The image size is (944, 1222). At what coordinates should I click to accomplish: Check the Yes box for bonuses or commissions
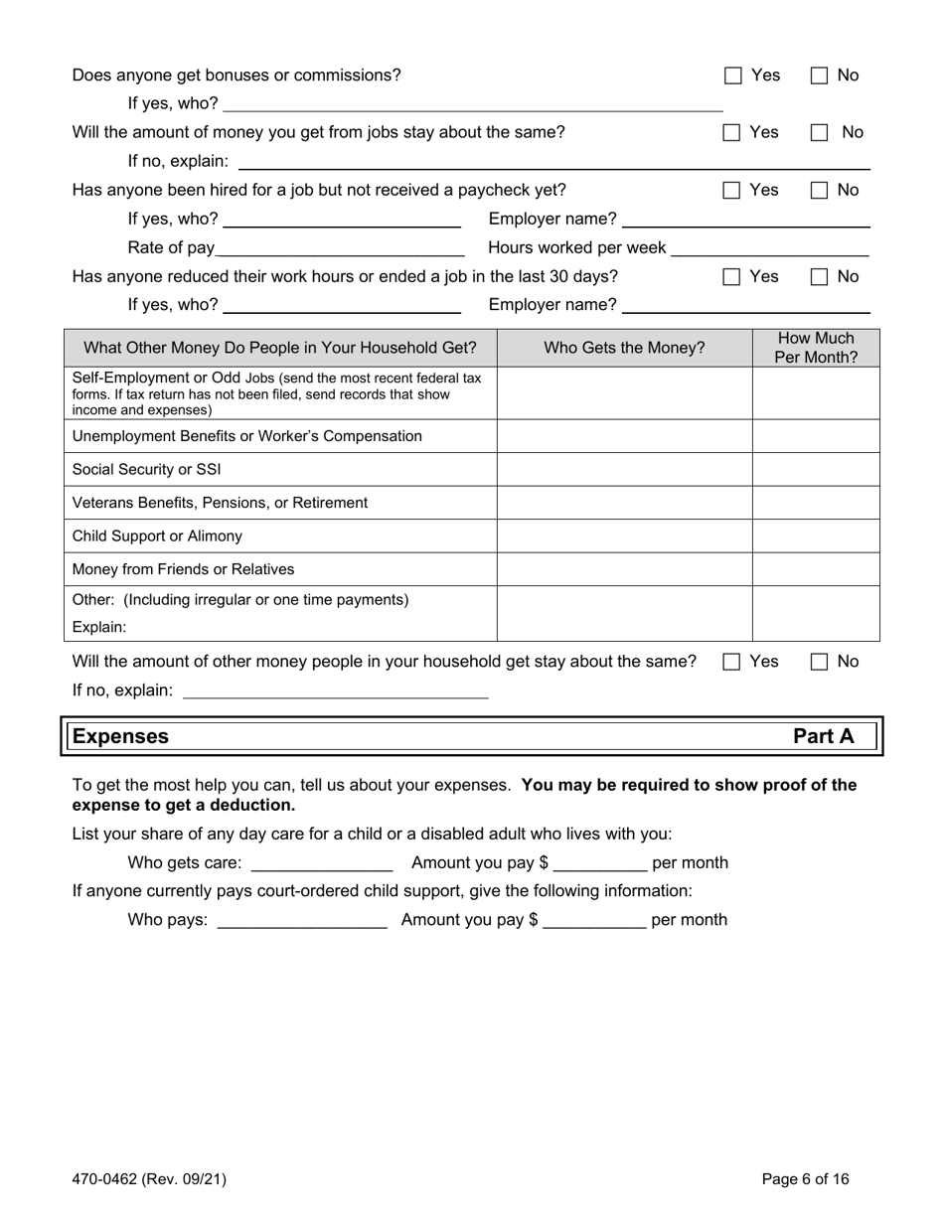pos(733,76)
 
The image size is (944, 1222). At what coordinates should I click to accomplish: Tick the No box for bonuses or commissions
pos(820,76)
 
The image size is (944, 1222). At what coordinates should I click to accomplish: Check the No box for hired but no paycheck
pos(820,190)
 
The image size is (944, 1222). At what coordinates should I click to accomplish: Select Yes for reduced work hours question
pos(733,276)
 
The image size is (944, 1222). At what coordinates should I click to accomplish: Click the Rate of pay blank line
pos(339,247)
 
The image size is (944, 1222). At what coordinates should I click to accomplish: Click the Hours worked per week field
pos(770,247)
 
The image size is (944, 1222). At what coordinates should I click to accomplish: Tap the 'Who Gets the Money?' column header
pos(624,348)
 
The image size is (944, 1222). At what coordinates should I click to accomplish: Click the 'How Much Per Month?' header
pos(816,348)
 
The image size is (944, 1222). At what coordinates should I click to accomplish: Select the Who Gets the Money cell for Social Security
pos(624,469)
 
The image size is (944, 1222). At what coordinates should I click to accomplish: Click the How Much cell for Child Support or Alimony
pos(816,536)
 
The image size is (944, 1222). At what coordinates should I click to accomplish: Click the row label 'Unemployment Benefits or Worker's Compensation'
pos(247,436)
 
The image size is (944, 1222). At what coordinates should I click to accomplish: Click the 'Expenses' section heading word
pos(120,736)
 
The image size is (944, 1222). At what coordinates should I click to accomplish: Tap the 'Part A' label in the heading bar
pos(823,736)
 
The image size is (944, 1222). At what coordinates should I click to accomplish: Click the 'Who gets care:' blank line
pos(322,863)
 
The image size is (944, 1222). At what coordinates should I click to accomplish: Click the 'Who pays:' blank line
pos(301,920)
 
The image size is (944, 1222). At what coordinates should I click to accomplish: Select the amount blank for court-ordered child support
pos(594,920)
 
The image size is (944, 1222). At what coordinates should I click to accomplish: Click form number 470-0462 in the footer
pos(149,1179)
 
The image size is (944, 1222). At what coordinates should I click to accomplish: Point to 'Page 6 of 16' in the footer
pos(805,1179)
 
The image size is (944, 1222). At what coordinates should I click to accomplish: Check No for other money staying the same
pos(820,662)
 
